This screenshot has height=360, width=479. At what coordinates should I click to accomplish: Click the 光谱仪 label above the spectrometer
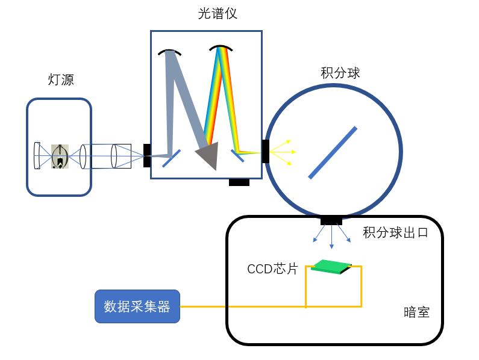coord(218,13)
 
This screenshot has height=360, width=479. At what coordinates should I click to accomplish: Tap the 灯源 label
coord(61,79)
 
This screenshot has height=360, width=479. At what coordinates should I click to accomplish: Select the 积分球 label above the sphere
coord(340,73)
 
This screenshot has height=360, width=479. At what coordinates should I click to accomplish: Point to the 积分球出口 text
coord(395,232)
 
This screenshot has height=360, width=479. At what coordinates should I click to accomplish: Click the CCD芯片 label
coord(272,269)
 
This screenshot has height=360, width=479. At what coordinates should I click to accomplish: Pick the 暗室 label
coord(416,312)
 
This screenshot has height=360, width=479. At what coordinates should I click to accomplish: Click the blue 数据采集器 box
coord(137,306)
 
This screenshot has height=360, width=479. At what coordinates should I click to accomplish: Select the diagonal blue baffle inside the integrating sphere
coord(333,152)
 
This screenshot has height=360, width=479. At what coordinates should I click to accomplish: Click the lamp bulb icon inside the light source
coord(59,156)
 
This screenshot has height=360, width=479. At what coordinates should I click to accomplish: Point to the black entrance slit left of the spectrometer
coord(146,155)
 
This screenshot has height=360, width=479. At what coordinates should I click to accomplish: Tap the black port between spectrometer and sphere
coord(265,151)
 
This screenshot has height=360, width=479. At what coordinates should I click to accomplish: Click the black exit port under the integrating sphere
coord(331,220)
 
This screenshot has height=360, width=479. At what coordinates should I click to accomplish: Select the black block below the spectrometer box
coord(239,182)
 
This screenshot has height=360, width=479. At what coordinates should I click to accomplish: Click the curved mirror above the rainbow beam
coord(221,48)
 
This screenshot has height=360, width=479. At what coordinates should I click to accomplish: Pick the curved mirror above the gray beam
coord(170,52)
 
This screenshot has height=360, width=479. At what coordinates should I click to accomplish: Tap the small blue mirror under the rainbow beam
coord(237,156)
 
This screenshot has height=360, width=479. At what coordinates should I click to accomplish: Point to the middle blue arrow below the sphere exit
coord(331,238)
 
